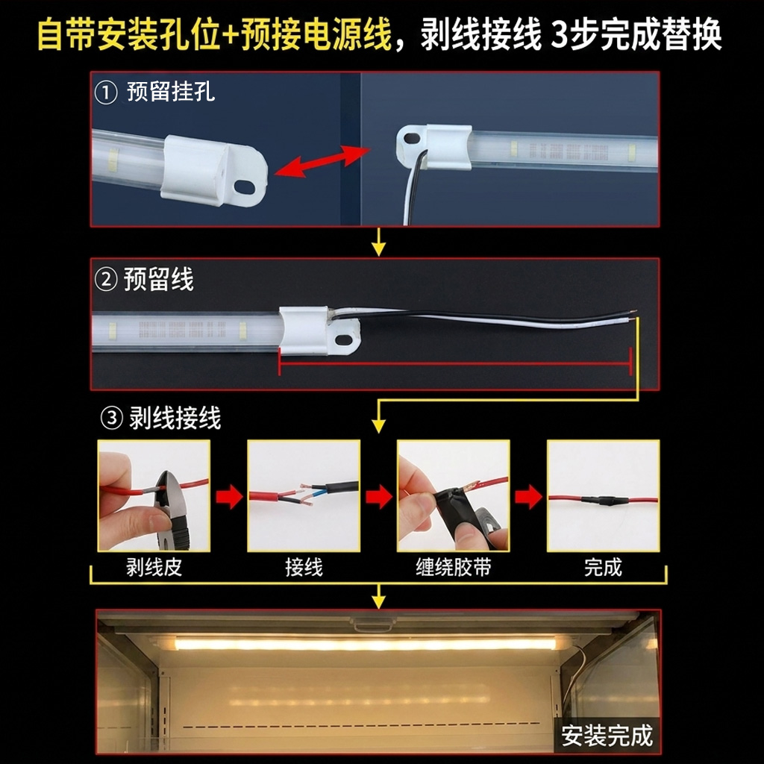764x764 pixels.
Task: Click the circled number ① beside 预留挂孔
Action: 106,93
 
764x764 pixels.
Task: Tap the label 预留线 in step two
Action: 158,279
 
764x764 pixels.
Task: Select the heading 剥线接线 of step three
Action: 175,418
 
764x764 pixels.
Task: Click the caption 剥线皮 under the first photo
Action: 154,567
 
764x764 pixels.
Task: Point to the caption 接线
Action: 304,567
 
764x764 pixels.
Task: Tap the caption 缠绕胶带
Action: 454,567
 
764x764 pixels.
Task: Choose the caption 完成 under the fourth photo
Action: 603,567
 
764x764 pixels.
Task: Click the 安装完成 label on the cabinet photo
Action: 607,735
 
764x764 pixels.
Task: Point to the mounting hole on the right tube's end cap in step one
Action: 412,138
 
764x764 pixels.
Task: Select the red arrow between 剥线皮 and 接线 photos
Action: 229,496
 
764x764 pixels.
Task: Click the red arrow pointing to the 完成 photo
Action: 529,496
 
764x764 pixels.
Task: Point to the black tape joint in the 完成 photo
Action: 603,500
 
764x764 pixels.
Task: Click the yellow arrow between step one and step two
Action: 378,242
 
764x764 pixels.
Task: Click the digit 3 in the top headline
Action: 560,35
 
